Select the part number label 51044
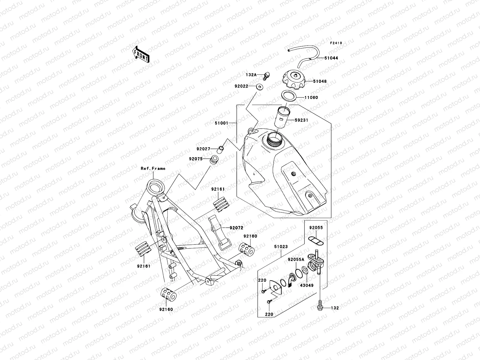pos(331,58)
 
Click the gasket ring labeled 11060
pos(289,97)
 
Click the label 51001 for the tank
pos(222,123)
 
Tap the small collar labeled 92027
pos(221,148)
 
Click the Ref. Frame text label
pos(153,169)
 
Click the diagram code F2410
pos(336,43)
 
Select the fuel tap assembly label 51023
pos(281,247)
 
